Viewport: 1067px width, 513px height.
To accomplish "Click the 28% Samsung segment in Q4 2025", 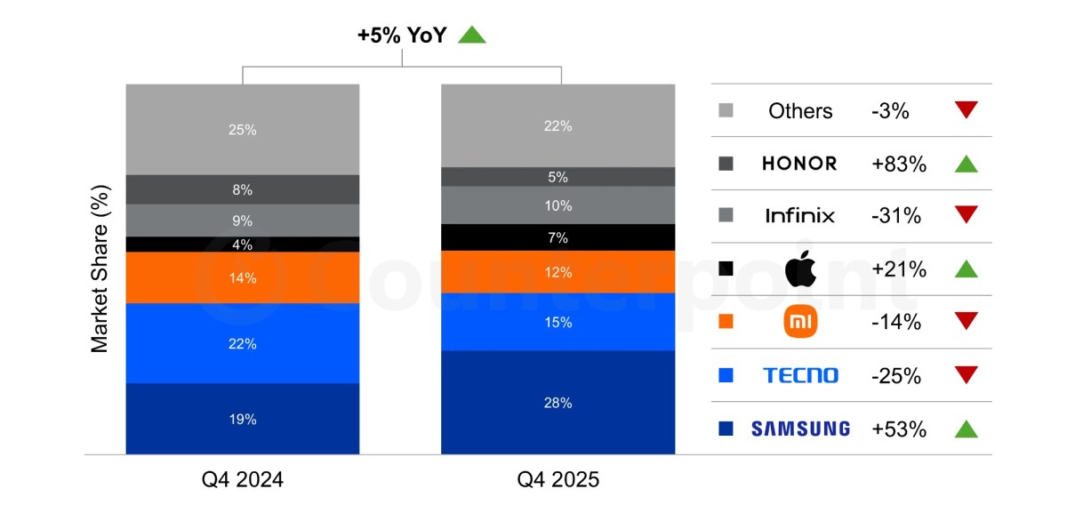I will click(558, 402).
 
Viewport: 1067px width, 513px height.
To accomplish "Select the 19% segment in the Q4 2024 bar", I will click(242, 419).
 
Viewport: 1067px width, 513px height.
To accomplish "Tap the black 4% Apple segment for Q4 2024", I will click(242, 244).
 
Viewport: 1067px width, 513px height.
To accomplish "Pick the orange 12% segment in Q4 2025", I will click(558, 272).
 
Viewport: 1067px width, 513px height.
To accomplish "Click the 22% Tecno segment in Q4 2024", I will click(242, 343).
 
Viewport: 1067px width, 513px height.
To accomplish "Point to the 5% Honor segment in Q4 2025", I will click(558, 177).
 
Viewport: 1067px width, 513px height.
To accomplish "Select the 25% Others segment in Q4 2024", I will click(242, 130).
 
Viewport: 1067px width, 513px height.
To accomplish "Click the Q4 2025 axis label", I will click(558, 480).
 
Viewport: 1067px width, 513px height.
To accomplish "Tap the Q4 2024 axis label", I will click(242, 480).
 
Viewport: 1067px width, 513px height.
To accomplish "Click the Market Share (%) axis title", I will click(100, 269).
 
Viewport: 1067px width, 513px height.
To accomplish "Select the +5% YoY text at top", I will click(402, 36).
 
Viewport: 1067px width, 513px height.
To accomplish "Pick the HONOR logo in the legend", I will click(799, 164).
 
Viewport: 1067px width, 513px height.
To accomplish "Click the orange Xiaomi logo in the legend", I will click(799, 322).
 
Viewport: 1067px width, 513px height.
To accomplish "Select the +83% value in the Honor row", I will click(899, 164).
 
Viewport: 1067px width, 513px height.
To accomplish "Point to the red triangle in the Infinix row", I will click(966, 215).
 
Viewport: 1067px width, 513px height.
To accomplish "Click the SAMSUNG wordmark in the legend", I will click(800, 429).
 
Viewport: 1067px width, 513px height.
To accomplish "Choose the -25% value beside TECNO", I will click(896, 375).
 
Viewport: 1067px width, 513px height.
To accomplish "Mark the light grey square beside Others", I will click(726, 111).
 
